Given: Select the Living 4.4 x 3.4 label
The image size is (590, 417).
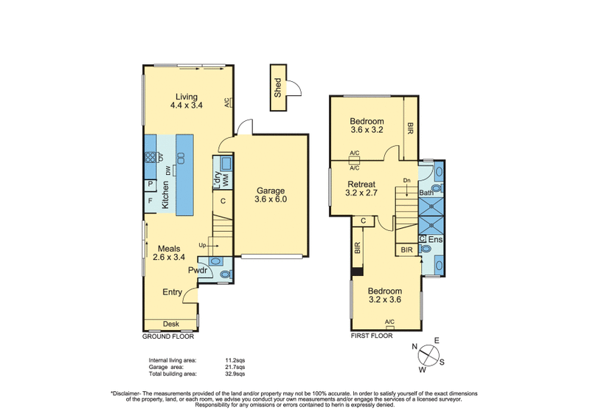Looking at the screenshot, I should coord(186,101).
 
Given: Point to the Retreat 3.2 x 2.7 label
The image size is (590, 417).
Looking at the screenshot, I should coord(361,190).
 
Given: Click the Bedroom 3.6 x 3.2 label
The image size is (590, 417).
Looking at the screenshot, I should coord(367,126).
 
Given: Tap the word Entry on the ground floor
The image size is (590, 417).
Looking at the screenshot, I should coord(173,292).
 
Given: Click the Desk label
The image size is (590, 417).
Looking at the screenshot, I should coord(171,324).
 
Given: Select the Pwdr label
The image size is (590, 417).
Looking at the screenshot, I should coord(196,272).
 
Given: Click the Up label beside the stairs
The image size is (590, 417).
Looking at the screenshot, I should coord(202,245).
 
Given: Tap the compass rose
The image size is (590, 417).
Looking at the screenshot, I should coord(426,354).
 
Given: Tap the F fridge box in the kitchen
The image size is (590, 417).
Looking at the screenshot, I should coord(150,200).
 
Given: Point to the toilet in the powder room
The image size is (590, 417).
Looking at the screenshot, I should coord(226,274).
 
